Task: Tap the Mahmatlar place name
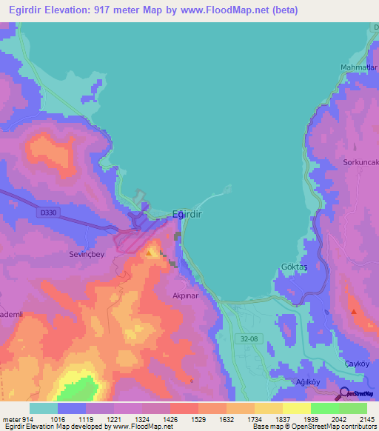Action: click(358, 68)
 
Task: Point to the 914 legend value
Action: click(22, 419)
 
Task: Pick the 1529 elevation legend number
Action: click(198, 419)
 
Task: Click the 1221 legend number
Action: click(114, 419)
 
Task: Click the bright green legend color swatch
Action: click(325, 408)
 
